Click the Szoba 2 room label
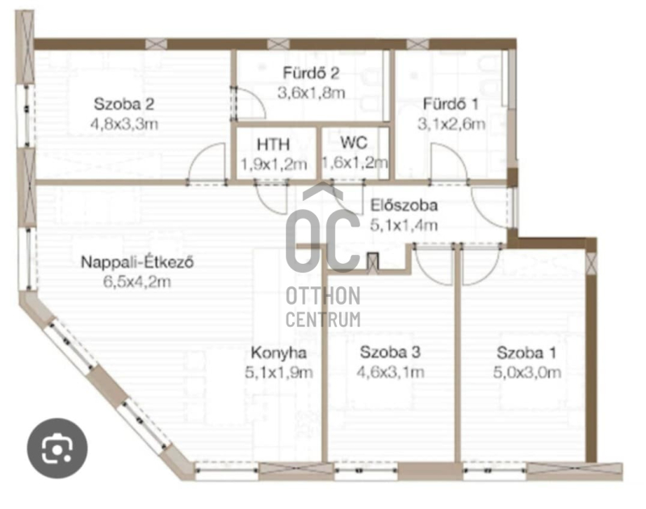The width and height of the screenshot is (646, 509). (x=124, y=104)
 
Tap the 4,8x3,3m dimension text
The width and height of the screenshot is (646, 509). (x=124, y=123)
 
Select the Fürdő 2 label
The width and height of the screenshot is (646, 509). (x=311, y=73)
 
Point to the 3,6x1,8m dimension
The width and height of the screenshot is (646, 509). (x=311, y=93)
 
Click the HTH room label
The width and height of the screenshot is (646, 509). (x=273, y=144)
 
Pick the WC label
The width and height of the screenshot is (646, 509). (x=354, y=143)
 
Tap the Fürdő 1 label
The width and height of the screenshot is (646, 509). (x=451, y=104)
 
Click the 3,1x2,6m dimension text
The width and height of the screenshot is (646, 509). (x=451, y=123)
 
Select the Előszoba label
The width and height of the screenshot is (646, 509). (x=404, y=205)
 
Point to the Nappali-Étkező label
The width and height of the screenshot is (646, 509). (x=137, y=262)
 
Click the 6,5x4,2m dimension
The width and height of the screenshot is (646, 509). (x=137, y=282)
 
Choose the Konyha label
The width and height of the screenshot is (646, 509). (x=279, y=353)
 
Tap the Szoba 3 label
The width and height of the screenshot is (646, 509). (x=390, y=353)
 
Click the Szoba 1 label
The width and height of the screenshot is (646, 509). (x=526, y=353)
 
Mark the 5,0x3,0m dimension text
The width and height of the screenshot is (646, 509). (x=527, y=373)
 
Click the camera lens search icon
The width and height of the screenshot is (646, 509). (x=57, y=449)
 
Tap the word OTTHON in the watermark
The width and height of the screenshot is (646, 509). (x=324, y=296)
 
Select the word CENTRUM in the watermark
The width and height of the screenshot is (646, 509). (x=324, y=319)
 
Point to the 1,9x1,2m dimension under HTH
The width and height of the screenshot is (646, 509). (x=274, y=165)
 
